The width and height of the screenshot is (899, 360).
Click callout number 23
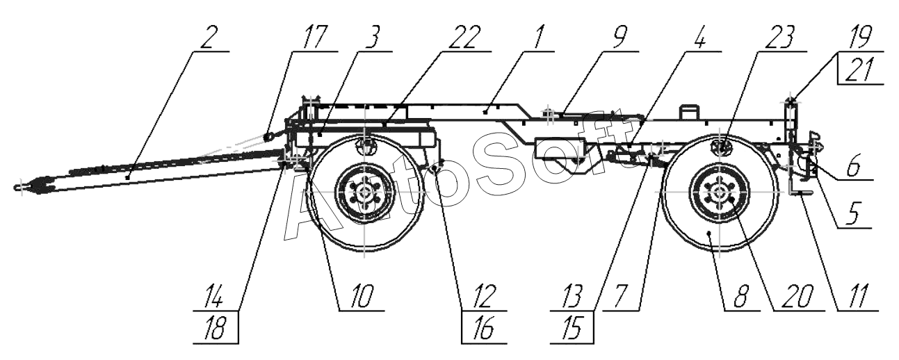pos(772,39)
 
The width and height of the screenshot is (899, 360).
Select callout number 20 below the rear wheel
pos(793,297)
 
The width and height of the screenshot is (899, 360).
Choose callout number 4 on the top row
pos(700,39)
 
